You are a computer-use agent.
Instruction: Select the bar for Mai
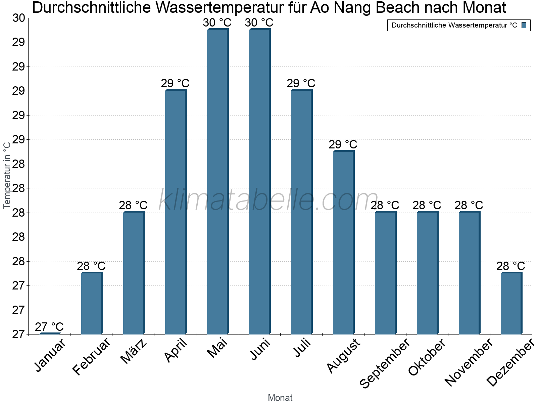(x=217, y=181)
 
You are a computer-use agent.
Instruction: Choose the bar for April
(x=176, y=212)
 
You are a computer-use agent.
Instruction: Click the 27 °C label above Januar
(x=49, y=327)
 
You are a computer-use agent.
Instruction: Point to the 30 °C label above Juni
(x=259, y=23)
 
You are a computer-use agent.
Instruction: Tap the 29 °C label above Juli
(x=301, y=83)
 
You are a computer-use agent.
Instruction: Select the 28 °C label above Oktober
(x=427, y=205)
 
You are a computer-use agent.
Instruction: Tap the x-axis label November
(x=469, y=363)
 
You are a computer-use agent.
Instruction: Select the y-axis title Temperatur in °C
(x=7, y=175)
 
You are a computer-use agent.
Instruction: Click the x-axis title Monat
(x=280, y=398)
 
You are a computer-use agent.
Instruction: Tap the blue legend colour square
(x=524, y=25)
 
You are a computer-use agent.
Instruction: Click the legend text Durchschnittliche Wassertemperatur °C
(x=454, y=26)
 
